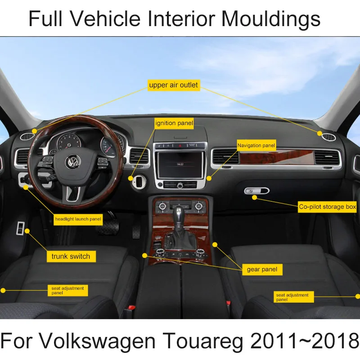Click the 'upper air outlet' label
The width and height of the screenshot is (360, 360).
(173, 85)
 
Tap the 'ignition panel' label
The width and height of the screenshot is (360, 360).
(174, 123)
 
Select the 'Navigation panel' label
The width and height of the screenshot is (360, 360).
(256, 145)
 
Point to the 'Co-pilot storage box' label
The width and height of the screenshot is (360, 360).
(328, 207)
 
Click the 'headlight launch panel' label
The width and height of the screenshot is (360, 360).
(78, 220)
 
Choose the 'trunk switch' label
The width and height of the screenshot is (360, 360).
(71, 256)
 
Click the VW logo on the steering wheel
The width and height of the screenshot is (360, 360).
(71, 162)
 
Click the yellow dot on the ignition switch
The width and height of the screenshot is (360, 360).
(131, 178)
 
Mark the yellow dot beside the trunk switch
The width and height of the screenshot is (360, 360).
(28, 231)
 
